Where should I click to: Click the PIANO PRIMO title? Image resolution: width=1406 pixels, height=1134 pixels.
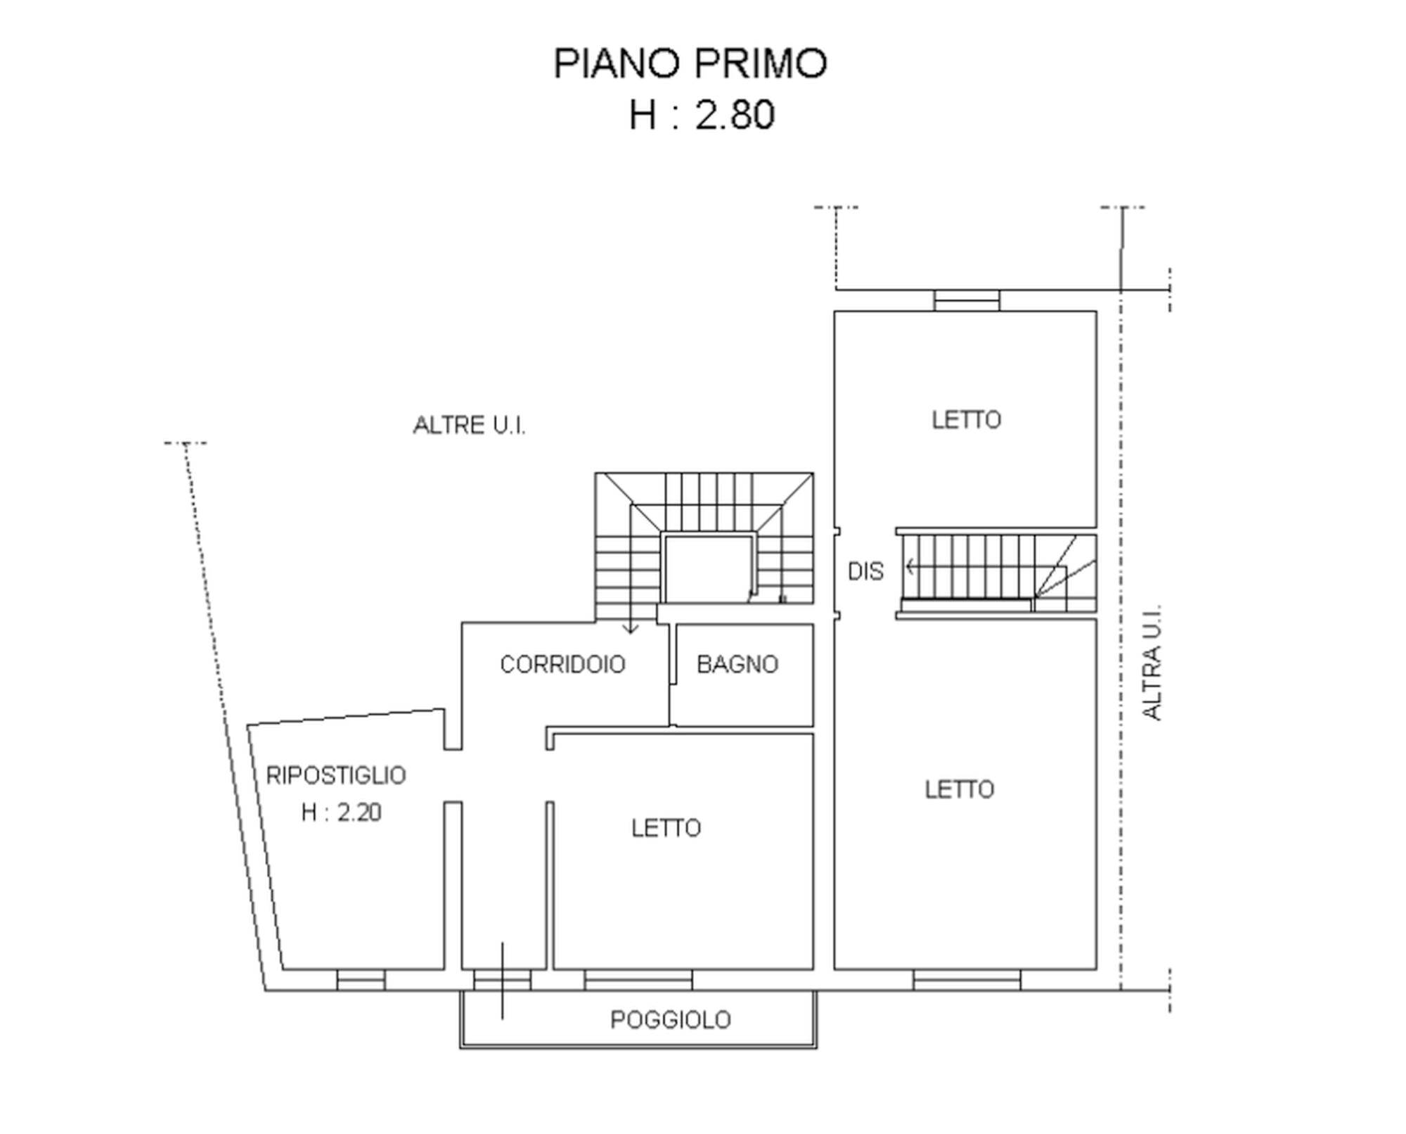[x=690, y=63]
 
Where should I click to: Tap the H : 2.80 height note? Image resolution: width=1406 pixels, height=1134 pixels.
[x=702, y=115]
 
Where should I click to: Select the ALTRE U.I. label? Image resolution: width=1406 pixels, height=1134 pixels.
[x=469, y=425]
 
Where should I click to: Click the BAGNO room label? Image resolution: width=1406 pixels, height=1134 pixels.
[x=737, y=664]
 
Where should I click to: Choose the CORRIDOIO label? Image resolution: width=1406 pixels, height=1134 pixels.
[x=562, y=664]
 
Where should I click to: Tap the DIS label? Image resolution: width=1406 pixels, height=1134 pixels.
[x=865, y=571]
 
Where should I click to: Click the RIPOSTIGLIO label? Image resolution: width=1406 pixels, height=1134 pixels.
[x=336, y=775]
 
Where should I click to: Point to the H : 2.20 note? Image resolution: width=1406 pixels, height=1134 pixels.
[x=341, y=813]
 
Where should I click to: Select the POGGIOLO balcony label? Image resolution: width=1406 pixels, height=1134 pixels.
[x=671, y=1019]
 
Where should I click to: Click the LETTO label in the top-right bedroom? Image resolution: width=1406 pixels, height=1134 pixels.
[x=966, y=420]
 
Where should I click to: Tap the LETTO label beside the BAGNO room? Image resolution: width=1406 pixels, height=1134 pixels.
[x=666, y=828]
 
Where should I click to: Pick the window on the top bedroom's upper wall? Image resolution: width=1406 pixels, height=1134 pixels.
[x=967, y=300]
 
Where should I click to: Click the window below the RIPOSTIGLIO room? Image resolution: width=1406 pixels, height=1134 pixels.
[x=361, y=980]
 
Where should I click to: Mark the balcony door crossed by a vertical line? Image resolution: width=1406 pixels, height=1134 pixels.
[x=502, y=980]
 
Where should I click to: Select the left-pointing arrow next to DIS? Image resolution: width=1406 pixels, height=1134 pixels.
[x=911, y=566]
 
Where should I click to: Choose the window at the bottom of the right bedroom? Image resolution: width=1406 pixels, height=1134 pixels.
[x=967, y=980]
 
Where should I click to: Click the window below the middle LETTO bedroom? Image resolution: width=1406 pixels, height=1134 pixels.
[x=638, y=980]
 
